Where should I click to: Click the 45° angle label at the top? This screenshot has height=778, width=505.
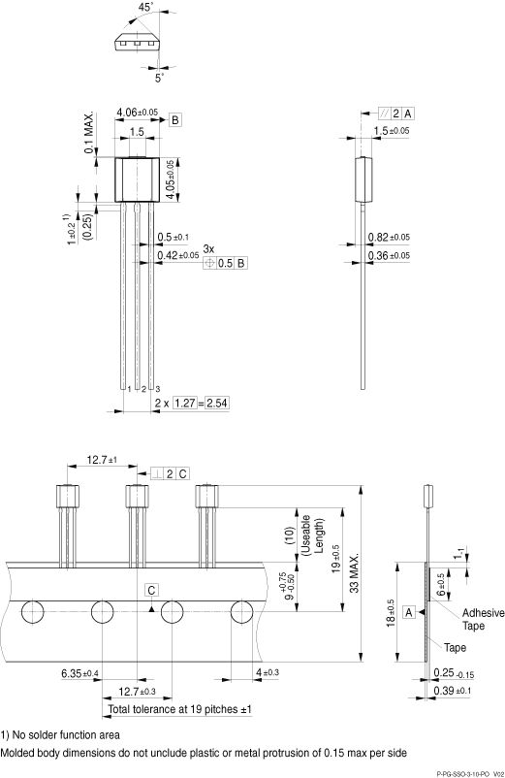tap(147, 8)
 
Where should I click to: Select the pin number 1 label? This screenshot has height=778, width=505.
tap(127, 388)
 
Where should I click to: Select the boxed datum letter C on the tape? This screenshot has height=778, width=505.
tap(152, 590)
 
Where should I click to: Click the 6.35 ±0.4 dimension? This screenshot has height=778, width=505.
tap(79, 673)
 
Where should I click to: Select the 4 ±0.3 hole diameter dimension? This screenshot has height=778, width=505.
tap(267, 672)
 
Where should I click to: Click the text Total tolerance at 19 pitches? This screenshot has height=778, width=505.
tap(180, 710)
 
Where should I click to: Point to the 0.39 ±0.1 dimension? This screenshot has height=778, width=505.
tap(452, 690)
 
